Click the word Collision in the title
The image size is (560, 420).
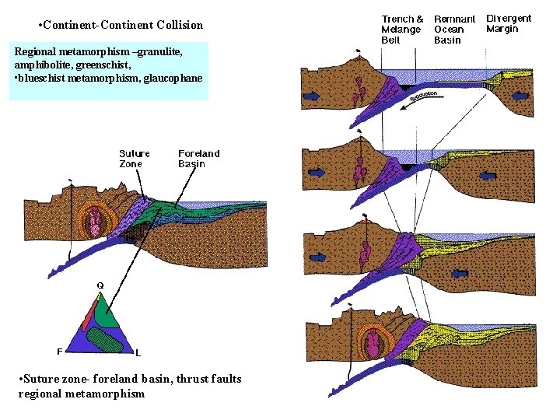176,25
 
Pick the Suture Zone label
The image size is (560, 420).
135,159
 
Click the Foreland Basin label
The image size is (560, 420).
198,159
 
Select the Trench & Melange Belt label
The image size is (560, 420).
402,30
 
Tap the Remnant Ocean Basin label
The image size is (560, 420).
454,30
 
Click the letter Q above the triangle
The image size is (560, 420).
100,286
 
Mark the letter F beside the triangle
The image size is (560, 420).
60,351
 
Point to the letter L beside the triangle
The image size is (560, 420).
138,352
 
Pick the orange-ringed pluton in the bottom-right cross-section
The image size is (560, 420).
376,343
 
